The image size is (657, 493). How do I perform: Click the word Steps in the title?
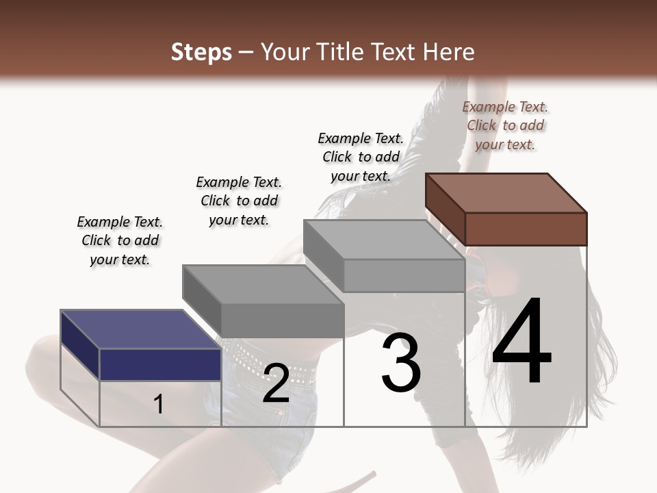pyautogui.click(x=201, y=52)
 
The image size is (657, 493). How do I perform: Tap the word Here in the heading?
pyautogui.click(x=448, y=52)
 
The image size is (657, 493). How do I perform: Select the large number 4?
pyautogui.click(x=521, y=342)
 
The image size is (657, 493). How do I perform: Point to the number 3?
pyautogui.click(x=401, y=363)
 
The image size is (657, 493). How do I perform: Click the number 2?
pyautogui.click(x=276, y=383)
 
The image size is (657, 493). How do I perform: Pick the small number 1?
pyautogui.click(x=159, y=404)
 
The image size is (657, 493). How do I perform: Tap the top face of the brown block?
pyautogui.click(x=506, y=192)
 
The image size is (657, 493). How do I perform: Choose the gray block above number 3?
pyautogui.click(x=385, y=257)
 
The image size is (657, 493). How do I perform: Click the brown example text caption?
pyautogui.click(x=505, y=126)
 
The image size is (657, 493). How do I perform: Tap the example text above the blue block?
pyautogui.click(x=120, y=241)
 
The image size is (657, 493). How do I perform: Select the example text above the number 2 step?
pyautogui.click(x=239, y=201)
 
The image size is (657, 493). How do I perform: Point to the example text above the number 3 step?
pyautogui.click(x=361, y=157)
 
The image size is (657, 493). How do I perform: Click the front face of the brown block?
pyautogui.click(x=526, y=229)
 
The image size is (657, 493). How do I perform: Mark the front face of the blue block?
pyautogui.click(x=160, y=364)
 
